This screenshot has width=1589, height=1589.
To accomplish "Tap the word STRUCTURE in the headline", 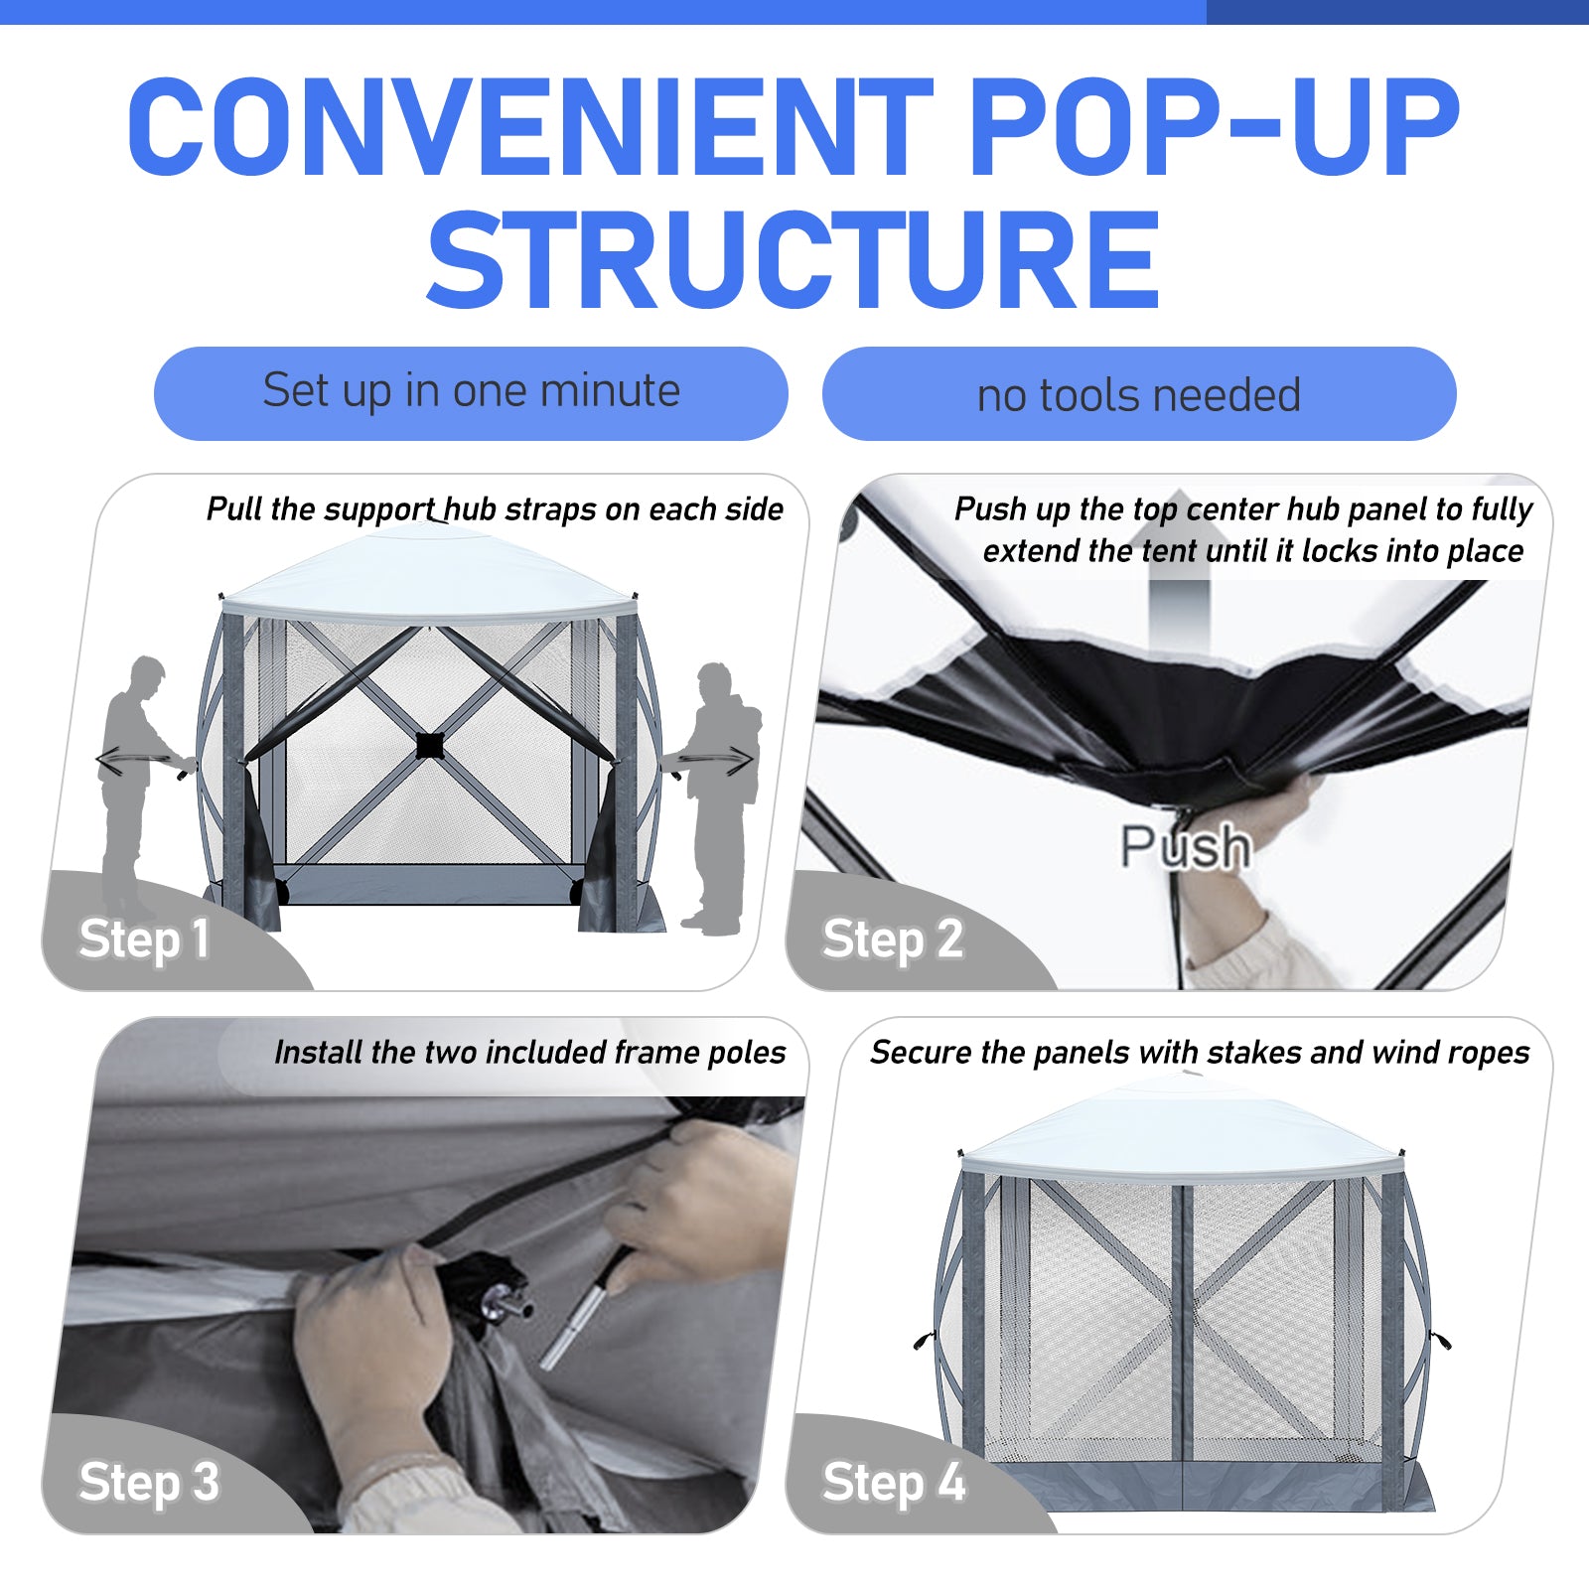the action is coord(794,260).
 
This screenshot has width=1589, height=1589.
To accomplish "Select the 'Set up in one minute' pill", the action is coord(471,392).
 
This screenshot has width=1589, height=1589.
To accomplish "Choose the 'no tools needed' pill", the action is coord(1139,393).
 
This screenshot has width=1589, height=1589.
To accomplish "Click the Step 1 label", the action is coord(144,939).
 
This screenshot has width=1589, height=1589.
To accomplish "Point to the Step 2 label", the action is coord(893,939).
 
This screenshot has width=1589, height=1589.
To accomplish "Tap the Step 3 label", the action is coord(149,1482).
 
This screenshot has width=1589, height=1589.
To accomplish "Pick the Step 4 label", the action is coord(894,1482).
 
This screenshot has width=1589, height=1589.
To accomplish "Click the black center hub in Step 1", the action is coord(429,745).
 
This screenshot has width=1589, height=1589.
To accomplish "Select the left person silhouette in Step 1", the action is coord(134,785).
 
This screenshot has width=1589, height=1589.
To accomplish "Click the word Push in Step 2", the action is coord(1185,846).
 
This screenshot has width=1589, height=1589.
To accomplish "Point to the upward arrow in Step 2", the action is coord(1179,566).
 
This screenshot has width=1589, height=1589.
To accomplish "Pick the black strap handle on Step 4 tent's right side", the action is coord(1440,1340).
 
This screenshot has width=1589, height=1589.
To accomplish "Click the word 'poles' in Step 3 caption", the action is coord(746,1053).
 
